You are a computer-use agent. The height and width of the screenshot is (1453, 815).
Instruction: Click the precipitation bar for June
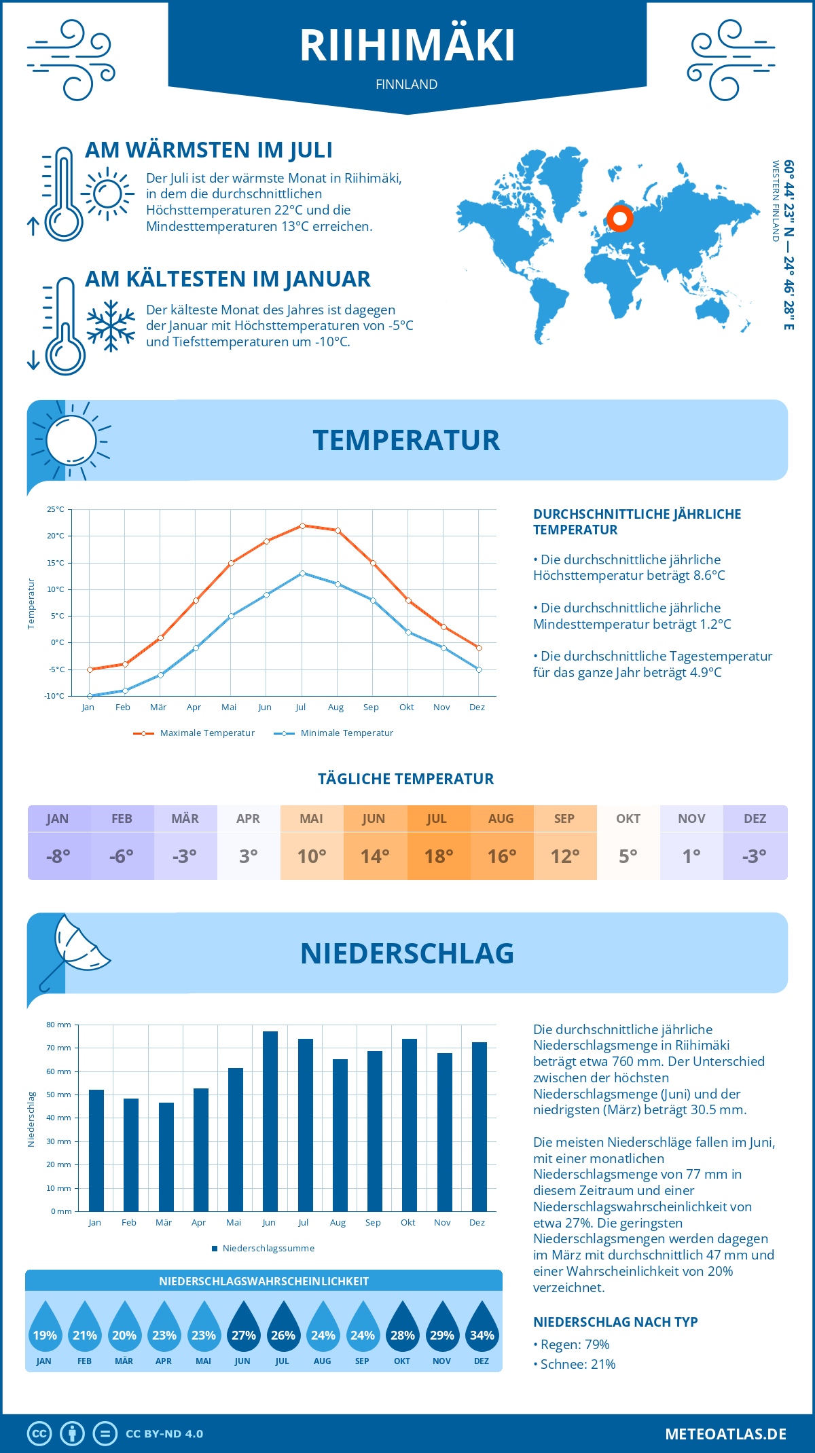(x=270, y=1121)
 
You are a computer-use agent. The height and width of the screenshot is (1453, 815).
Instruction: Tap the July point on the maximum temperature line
(x=302, y=526)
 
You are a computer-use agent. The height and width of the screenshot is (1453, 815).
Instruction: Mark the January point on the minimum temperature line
(x=90, y=696)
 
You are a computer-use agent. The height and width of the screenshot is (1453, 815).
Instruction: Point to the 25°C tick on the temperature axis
(x=56, y=509)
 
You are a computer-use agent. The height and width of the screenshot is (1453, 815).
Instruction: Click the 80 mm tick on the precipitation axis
(x=59, y=1025)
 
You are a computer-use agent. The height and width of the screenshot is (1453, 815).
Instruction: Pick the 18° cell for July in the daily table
(x=439, y=856)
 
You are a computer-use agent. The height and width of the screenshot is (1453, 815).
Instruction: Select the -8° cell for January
(x=58, y=856)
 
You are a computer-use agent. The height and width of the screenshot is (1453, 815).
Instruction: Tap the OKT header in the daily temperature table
(x=628, y=819)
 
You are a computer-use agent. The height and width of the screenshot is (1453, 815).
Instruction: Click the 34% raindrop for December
(x=482, y=1327)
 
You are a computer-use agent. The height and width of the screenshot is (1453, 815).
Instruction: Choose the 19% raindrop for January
(x=45, y=1327)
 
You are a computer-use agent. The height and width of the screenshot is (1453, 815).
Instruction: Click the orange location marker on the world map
(x=619, y=219)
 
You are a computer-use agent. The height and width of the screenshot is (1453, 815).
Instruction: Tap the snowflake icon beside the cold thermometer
(x=111, y=326)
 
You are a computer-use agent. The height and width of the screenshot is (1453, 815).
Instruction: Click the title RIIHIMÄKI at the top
(x=407, y=46)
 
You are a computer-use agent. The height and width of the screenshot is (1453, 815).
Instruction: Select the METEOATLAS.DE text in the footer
(x=725, y=1434)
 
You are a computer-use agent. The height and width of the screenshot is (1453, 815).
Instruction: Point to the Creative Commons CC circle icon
(x=39, y=1433)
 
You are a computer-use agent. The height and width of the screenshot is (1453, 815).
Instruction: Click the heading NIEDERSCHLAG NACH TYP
(x=615, y=1322)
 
